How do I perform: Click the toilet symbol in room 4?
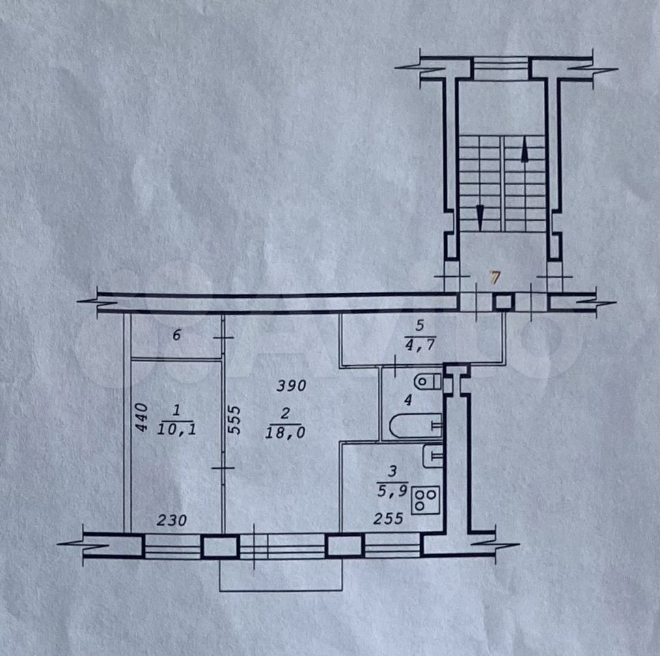427,382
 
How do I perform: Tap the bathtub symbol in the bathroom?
415,426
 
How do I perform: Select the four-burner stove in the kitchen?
426,500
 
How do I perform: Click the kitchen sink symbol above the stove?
432,456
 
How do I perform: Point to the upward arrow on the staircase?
525,151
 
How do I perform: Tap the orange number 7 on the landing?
495,278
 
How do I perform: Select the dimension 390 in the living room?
291,385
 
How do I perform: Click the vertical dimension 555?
235,420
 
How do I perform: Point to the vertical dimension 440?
142,417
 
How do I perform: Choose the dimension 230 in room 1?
171,521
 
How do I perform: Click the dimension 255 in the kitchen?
388,519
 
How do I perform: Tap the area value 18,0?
285,433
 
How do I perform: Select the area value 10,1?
176,429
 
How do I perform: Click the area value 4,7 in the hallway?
420,345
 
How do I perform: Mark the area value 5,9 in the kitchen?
392,491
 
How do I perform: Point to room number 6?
177,335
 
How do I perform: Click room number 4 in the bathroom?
407,400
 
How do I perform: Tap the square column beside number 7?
504,302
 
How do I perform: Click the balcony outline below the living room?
281,590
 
